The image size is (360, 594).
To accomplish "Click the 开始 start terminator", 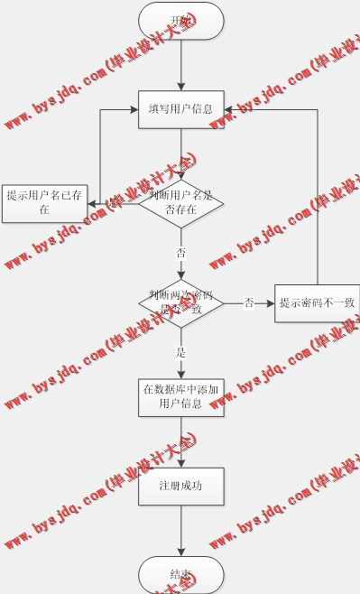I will (180, 21).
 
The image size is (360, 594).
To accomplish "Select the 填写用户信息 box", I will (180, 109).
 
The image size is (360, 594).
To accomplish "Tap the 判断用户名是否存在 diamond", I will (180, 203).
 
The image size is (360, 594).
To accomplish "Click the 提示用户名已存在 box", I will (44, 203).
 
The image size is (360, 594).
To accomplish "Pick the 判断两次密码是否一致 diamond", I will (180, 302).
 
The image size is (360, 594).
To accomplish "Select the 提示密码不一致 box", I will (317, 302).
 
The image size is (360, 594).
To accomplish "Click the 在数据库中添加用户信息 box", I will (180, 397).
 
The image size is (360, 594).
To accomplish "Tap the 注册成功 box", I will (180, 486).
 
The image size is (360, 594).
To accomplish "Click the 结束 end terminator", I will (180, 574).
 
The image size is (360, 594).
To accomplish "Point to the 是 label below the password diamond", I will (180, 353).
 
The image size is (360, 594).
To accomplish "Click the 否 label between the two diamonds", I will (180, 253).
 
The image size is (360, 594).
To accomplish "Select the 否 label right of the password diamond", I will (249, 302).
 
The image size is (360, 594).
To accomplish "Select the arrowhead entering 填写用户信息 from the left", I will (133, 109).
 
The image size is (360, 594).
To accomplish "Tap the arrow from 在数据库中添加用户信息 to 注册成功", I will (180, 442).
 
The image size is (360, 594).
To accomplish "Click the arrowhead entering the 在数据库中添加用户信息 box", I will (180, 372).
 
